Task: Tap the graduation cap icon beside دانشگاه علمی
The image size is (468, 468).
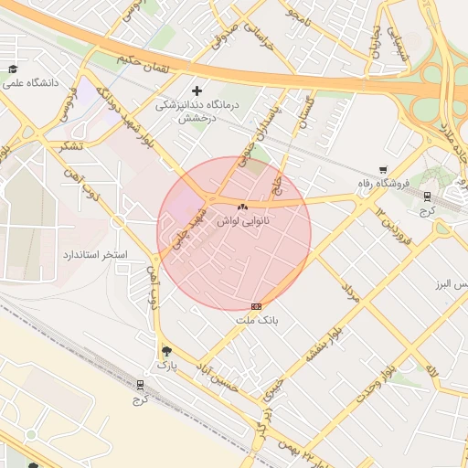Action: pyautogui.click(x=13, y=69)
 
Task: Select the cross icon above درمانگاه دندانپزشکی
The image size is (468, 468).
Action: pyautogui.click(x=197, y=90)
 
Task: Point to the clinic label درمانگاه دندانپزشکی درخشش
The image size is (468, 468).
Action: pyautogui.click(x=197, y=111)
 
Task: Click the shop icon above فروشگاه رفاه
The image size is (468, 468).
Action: pyautogui.click(x=384, y=169)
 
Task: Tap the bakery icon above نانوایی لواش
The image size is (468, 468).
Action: pyautogui.click(x=242, y=207)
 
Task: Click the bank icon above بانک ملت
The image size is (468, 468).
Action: pyautogui.click(x=256, y=306)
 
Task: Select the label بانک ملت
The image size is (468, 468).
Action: pyautogui.click(x=256, y=320)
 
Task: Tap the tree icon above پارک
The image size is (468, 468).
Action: pyautogui.click(x=165, y=350)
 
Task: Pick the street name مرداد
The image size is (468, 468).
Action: pyautogui.click(x=348, y=293)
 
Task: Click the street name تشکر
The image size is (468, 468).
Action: pyautogui.click(x=69, y=146)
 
